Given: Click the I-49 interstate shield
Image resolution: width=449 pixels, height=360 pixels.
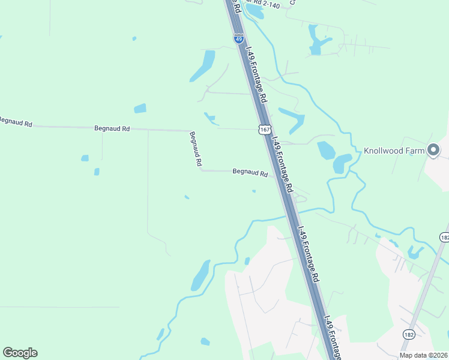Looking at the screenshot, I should (239, 39).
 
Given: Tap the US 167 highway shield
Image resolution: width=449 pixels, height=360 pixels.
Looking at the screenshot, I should (265, 130).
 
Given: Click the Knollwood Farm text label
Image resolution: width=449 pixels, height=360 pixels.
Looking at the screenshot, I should (394, 151).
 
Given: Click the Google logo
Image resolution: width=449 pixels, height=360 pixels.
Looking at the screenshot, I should (20, 353).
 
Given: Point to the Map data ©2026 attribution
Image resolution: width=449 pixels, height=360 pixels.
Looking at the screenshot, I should (424, 355).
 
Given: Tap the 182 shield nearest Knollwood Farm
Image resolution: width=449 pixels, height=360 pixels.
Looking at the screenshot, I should (444, 238).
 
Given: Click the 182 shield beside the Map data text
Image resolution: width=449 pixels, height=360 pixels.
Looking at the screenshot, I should (409, 333).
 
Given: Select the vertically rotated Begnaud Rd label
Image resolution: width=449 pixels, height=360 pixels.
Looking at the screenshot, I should (196, 149).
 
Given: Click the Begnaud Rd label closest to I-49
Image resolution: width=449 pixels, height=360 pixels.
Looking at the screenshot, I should (250, 172).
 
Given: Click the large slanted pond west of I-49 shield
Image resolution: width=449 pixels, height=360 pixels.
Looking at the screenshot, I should (203, 66).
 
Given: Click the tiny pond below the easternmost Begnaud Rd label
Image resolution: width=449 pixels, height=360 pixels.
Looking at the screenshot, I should (254, 191).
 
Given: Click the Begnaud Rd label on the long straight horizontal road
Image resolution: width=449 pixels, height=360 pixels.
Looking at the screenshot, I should (112, 128).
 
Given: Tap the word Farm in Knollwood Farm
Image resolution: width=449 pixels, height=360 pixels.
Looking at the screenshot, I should (414, 151).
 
